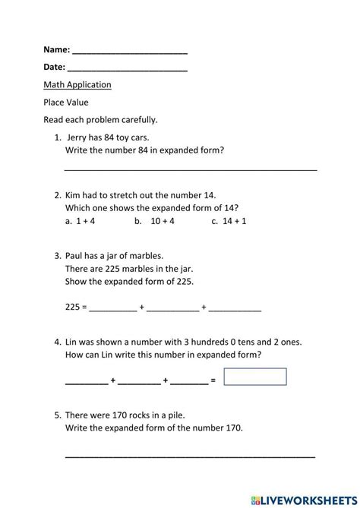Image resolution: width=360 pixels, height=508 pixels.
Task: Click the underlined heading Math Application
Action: coord(77,85)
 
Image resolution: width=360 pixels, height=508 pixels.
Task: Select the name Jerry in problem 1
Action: coord(79,138)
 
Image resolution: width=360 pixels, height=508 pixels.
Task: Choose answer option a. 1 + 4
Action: coord(80,222)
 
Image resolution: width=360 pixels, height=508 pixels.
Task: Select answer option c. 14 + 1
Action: coord(229,222)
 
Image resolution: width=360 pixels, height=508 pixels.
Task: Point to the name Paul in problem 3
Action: coord(77,255)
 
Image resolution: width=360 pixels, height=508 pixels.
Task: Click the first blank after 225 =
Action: coord(114,308)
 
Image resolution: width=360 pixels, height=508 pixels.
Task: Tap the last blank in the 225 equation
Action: coord(235,308)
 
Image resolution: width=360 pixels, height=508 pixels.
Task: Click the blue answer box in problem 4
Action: coord(255,377)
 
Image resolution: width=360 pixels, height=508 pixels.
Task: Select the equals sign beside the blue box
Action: coord(213,379)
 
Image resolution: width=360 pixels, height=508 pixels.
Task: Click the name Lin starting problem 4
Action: coord(74,342)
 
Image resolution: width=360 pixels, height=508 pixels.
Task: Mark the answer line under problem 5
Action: coord(191,456)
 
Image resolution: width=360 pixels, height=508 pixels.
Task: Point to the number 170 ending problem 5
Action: coord(231,428)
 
